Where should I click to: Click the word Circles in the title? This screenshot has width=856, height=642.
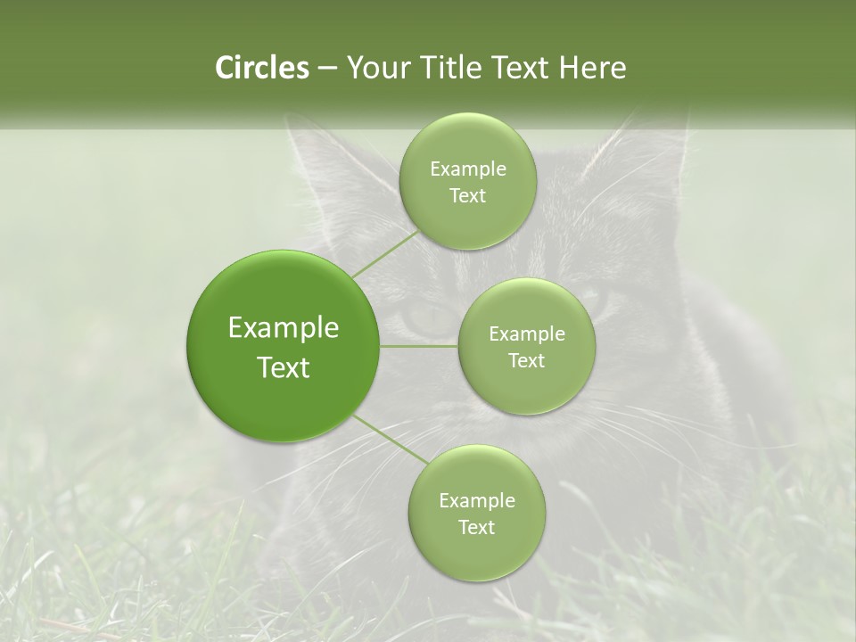[x=261, y=68]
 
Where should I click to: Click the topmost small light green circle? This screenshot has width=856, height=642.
[x=467, y=181]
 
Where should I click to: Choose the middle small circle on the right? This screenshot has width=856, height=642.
[x=526, y=346]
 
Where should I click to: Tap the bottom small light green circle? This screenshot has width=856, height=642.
[x=476, y=513]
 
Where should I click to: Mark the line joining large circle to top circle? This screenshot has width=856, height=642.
[x=385, y=253]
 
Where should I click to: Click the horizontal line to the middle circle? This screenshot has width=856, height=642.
[x=419, y=346]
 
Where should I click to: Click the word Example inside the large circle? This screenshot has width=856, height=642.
[x=284, y=328]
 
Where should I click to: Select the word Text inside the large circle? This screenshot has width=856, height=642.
[x=284, y=367]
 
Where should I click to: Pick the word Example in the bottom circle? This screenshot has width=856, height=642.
[x=476, y=500]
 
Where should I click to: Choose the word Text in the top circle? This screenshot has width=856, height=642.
[x=467, y=196]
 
